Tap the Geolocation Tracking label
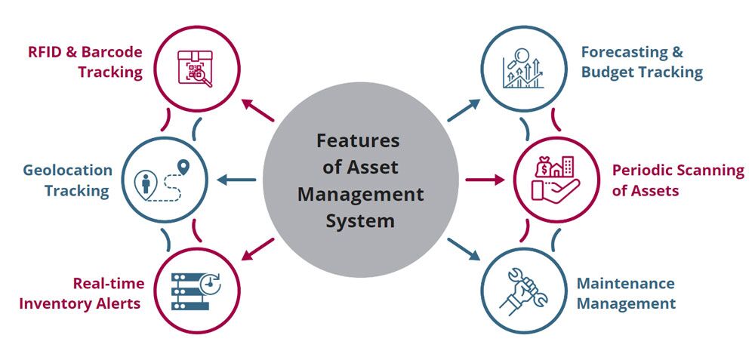[67, 180]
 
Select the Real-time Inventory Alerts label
[80, 294]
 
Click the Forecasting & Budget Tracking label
[642, 63]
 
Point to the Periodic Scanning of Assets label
[677, 180]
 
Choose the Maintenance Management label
[626, 294]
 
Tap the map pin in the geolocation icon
[181, 166]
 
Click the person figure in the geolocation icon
[146, 184]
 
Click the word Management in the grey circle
[360, 194]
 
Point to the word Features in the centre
[358, 140]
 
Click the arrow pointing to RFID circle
[258, 111]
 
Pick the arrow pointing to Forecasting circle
[462, 110]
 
